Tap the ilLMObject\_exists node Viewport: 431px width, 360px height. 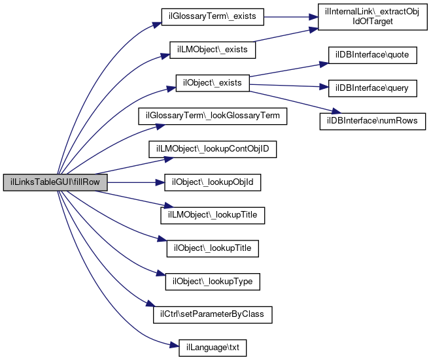click(212, 50)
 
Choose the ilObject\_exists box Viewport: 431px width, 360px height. click(213, 83)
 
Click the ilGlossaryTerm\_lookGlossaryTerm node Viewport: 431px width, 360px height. click(212, 116)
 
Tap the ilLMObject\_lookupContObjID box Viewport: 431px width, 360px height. click(213, 150)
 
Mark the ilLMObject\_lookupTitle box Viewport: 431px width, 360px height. click(213, 214)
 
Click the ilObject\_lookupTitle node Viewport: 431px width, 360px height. click(213, 248)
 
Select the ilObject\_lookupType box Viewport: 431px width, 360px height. click(213, 282)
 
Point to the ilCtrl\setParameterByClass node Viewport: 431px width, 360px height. click(213, 315)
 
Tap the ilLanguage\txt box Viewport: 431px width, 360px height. click(213, 348)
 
